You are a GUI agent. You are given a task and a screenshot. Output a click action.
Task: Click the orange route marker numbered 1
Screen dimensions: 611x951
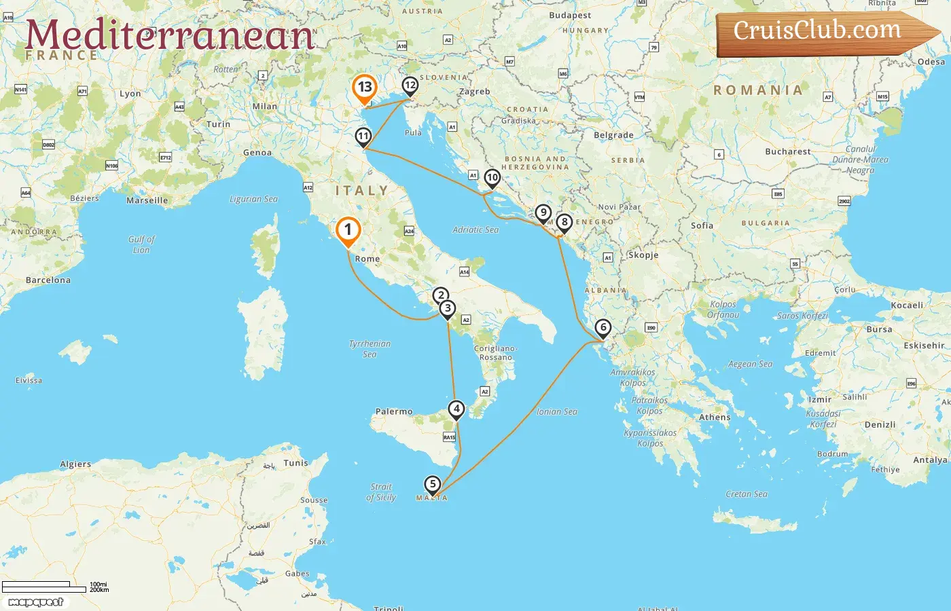348,229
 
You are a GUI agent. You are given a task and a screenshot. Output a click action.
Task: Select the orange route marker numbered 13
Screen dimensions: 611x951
365,88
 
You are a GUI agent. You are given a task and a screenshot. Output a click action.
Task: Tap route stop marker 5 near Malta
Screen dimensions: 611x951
432,484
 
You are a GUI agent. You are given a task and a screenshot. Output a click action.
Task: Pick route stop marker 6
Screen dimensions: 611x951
603,327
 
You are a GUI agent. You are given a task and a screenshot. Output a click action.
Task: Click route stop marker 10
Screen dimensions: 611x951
492,178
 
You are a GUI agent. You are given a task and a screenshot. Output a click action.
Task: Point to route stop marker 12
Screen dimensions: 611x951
410,86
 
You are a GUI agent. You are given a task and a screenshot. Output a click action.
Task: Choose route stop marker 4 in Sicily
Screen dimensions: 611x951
456,409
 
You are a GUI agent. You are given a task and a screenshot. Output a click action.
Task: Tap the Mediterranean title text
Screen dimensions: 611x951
170,35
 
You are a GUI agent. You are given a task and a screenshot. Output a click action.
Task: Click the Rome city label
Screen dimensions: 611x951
367,259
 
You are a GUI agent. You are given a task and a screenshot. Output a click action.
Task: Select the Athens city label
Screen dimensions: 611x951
715,418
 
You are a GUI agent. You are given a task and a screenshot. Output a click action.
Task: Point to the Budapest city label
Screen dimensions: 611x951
570,16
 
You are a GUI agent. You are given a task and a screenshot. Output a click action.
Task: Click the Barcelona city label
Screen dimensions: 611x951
48,280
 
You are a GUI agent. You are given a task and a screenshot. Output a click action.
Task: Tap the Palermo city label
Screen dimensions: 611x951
394,411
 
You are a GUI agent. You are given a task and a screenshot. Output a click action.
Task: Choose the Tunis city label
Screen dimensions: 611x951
295,463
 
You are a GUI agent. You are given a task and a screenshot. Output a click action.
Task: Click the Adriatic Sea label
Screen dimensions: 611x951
475,230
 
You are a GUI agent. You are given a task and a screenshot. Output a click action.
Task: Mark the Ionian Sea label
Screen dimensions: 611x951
557,412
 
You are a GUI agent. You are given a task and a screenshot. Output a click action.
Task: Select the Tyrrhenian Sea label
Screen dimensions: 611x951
370,349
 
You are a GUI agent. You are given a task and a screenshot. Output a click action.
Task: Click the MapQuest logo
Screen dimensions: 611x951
36,602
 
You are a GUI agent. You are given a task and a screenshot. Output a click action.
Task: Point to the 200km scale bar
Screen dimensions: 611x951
44,590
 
